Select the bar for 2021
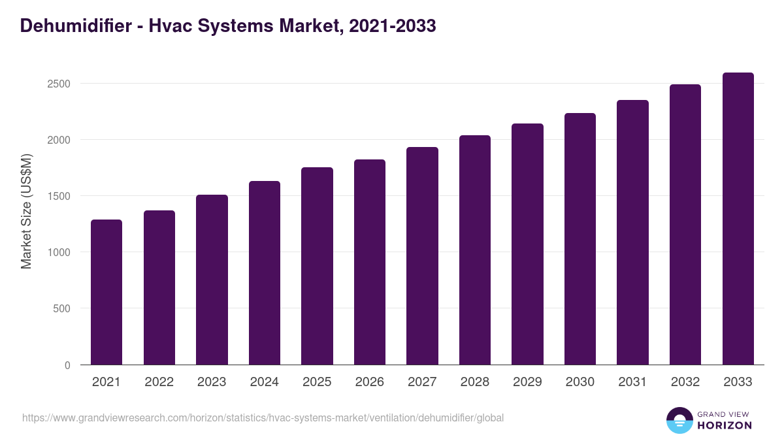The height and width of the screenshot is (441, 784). pyautogui.click(x=106, y=292)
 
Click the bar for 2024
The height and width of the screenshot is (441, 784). pyautogui.click(x=265, y=273)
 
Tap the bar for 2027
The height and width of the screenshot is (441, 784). pyautogui.click(x=422, y=256)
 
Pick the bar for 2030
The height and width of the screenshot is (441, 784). pyautogui.click(x=580, y=239)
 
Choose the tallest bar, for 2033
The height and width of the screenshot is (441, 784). pyautogui.click(x=738, y=219)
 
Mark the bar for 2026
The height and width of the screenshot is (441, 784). pyautogui.click(x=370, y=262)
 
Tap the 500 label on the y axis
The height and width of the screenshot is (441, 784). pyautogui.click(x=61, y=308)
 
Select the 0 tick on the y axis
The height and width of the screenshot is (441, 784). pyautogui.click(x=67, y=365)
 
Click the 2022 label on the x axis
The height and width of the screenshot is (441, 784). pyautogui.click(x=159, y=382)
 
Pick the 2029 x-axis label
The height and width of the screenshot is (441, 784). pyautogui.click(x=527, y=382)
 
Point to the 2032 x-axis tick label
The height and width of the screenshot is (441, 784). pyautogui.click(x=685, y=382)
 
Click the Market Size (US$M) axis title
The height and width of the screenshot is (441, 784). pyautogui.click(x=26, y=210)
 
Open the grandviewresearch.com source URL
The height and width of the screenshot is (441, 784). pyautogui.click(x=263, y=417)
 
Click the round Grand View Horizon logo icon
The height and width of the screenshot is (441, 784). pyautogui.click(x=679, y=420)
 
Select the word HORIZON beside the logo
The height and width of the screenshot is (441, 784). pyautogui.click(x=725, y=425)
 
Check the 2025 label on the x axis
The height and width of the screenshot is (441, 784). pyautogui.click(x=317, y=382)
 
